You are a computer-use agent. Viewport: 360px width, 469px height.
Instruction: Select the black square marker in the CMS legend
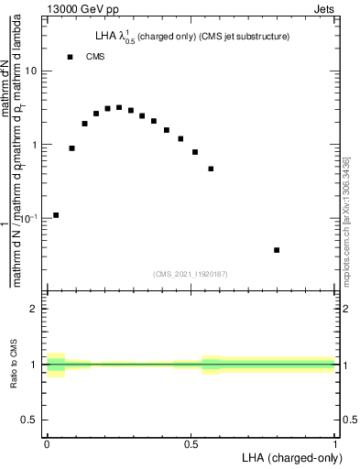tap(70, 57)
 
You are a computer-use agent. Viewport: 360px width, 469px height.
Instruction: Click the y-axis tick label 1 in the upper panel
tap(36, 145)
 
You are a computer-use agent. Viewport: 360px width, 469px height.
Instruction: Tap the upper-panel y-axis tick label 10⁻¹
tap(30, 218)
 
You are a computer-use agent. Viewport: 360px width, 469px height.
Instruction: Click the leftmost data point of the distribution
tap(56, 215)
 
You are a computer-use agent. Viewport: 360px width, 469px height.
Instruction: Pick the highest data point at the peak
tap(119, 107)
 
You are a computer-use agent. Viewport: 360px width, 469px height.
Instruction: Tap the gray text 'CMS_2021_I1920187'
tap(190, 272)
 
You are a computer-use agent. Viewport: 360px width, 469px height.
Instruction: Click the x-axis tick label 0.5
tap(191, 444)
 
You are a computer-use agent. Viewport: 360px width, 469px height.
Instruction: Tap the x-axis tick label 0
tap(47, 444)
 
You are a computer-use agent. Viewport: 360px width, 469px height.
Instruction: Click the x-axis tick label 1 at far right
tap(334, 444)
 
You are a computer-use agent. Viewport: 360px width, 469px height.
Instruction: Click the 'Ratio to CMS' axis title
tap(14, 365)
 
